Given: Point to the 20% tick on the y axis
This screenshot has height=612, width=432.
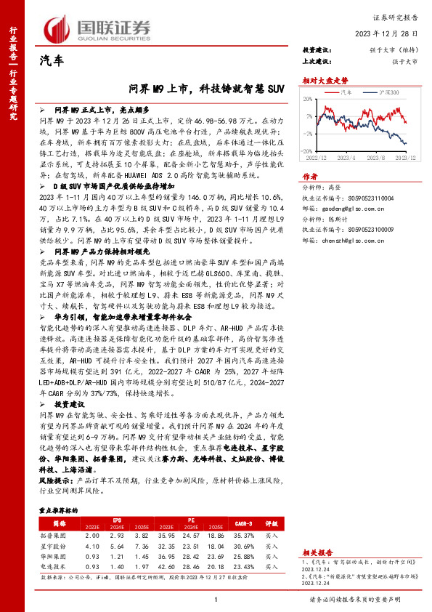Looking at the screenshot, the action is pos(310,99).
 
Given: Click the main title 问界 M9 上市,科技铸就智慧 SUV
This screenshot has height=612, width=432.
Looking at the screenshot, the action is pos(206,89).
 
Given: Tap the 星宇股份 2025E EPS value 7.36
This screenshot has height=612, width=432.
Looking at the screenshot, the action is pos(141,545).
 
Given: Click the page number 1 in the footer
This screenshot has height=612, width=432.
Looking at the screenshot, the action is pos(216,599).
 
